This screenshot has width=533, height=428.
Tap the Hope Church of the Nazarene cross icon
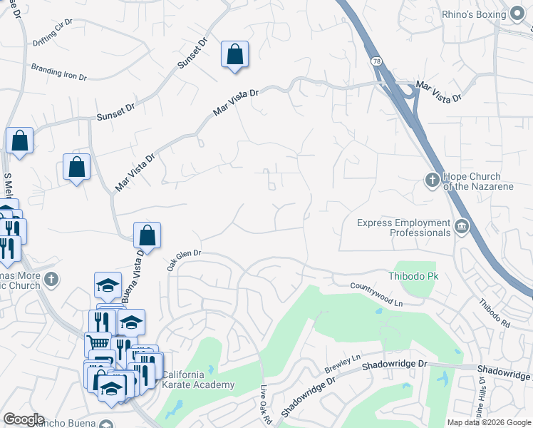pyautogui.click(x=433, y=180)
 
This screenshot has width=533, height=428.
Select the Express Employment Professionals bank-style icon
pyautogui.click(x=462, y=228)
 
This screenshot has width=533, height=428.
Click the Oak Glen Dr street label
pyautogui.click(x=185, y=259)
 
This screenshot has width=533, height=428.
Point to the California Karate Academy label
pyautogui.click(x=197, y=380)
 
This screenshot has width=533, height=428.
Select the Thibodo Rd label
pyautogui.click(x=495, y=314)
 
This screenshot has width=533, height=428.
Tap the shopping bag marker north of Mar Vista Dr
pyautogui.click(x=234, y=54)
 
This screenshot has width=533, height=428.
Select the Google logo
pyautogui.click(x=24, y=419)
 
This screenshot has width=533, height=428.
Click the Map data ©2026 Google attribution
pyautogui.click(x=489, y=422)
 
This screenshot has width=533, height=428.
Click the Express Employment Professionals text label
pyautogui.click(x=403, y=228)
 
